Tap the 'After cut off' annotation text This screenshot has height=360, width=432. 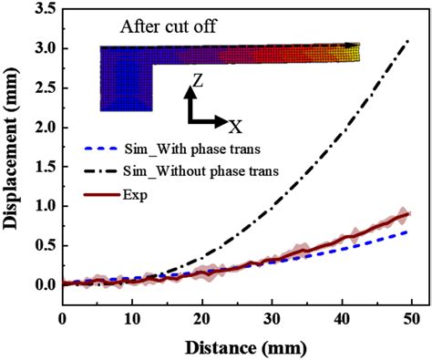point(172,26)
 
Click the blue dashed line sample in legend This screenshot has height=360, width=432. point(102,149)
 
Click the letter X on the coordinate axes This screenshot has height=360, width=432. point(234,124)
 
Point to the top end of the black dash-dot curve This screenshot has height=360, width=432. point(408,39)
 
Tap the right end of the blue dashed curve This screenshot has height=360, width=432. point(408,231)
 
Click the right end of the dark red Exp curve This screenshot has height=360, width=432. point(408,213)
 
